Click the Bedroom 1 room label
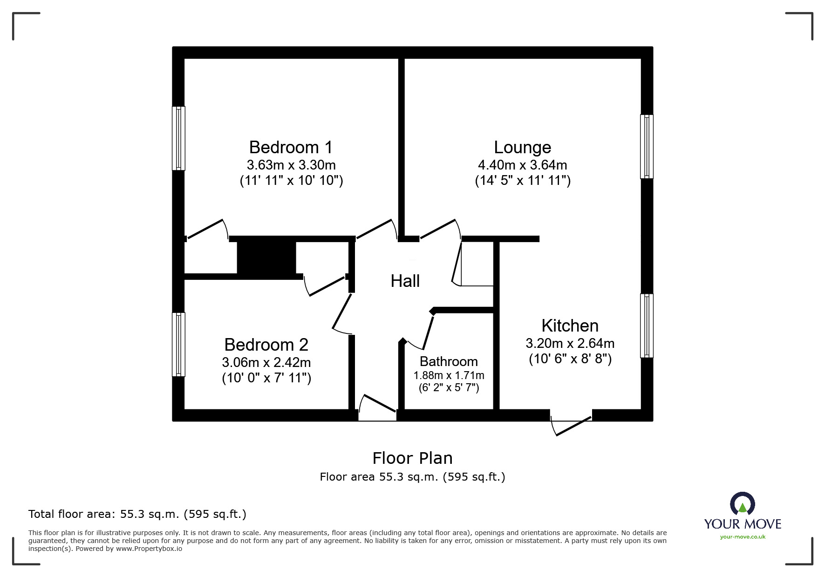291,148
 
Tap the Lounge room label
522,148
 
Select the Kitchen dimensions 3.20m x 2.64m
570,344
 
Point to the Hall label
405,281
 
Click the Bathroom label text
449,362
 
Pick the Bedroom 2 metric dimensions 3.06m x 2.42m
266,362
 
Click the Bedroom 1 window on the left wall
178,138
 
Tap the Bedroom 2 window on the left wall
178,344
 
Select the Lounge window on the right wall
647,146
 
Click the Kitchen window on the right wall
647,326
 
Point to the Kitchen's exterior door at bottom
571,424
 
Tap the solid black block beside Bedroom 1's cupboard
266,258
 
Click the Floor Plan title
412,458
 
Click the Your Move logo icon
742,504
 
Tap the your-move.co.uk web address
743,537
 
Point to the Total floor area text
137,514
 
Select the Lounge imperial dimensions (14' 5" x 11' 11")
522,181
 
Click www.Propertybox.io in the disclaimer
149,549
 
